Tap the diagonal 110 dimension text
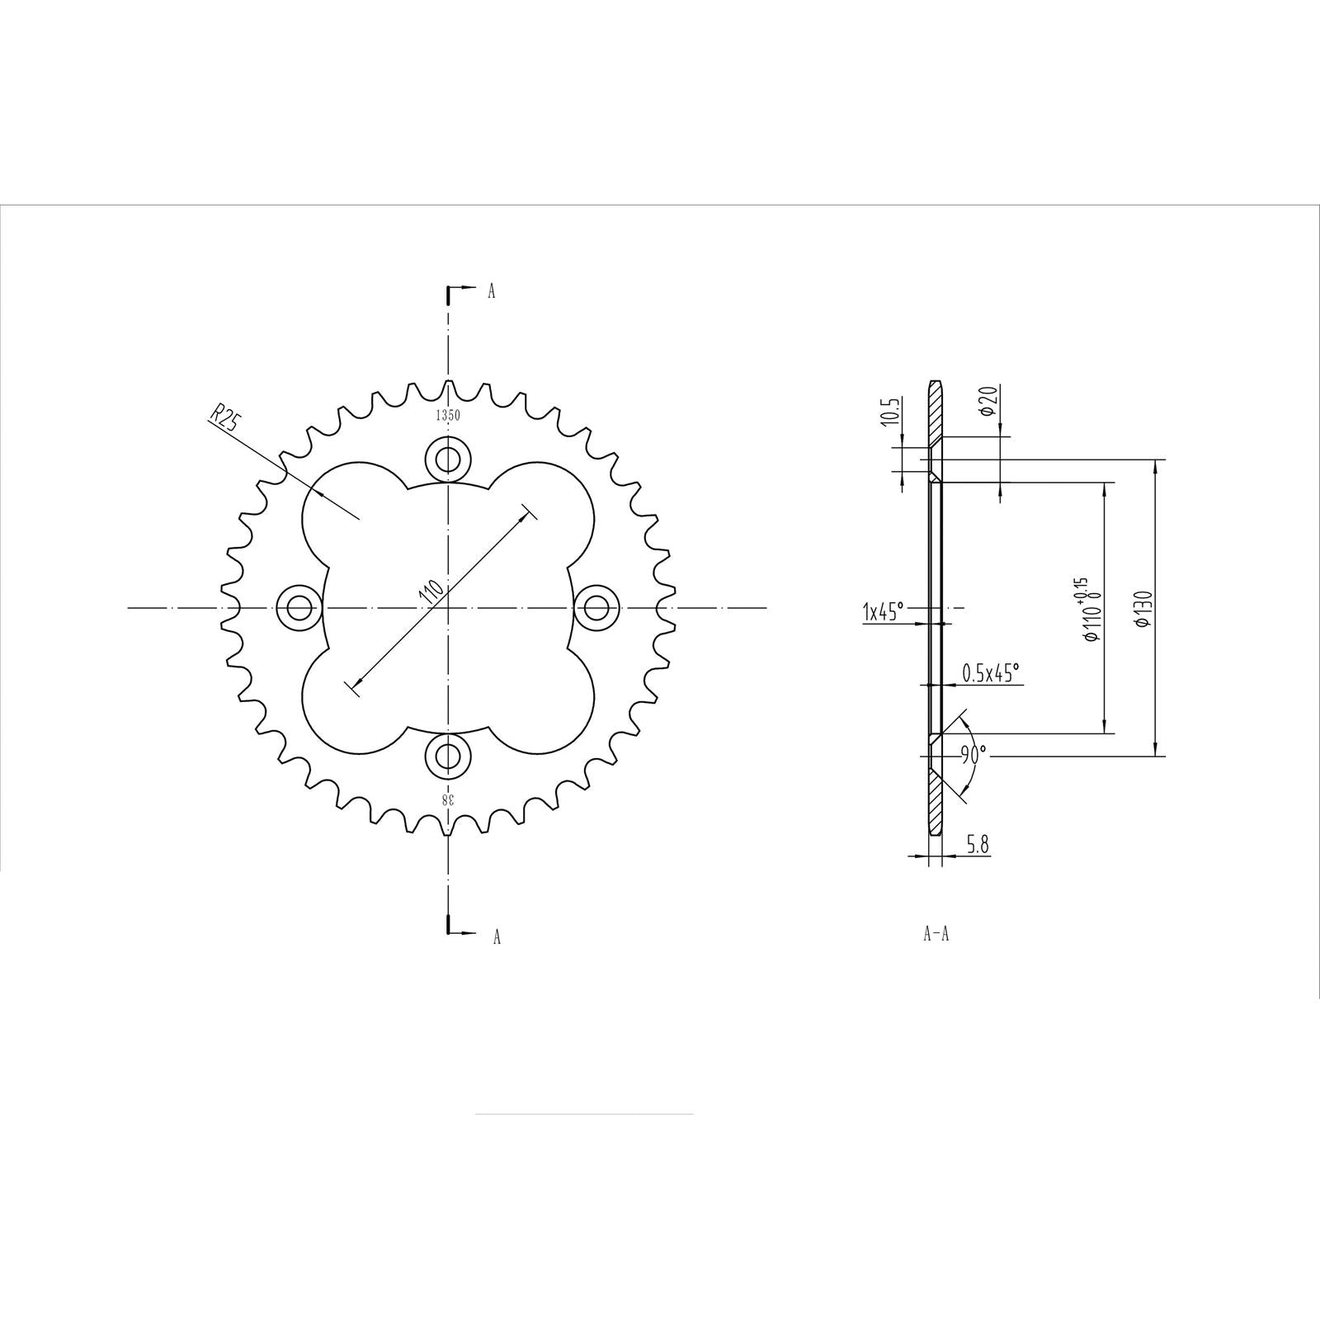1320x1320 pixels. click(431, 593)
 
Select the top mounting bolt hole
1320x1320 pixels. click(448, 458)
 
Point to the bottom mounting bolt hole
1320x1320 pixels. click(448, 756)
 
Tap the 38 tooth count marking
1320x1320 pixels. click(446, 799)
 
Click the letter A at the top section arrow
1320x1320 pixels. click(492, 291)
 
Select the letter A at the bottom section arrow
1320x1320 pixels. click(497, 937)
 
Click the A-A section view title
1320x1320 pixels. click(936, 935)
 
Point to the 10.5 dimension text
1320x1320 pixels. click(889, 411)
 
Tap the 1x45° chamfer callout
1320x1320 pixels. click(884, 610)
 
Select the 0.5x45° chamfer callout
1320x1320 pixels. click(991, 672)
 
